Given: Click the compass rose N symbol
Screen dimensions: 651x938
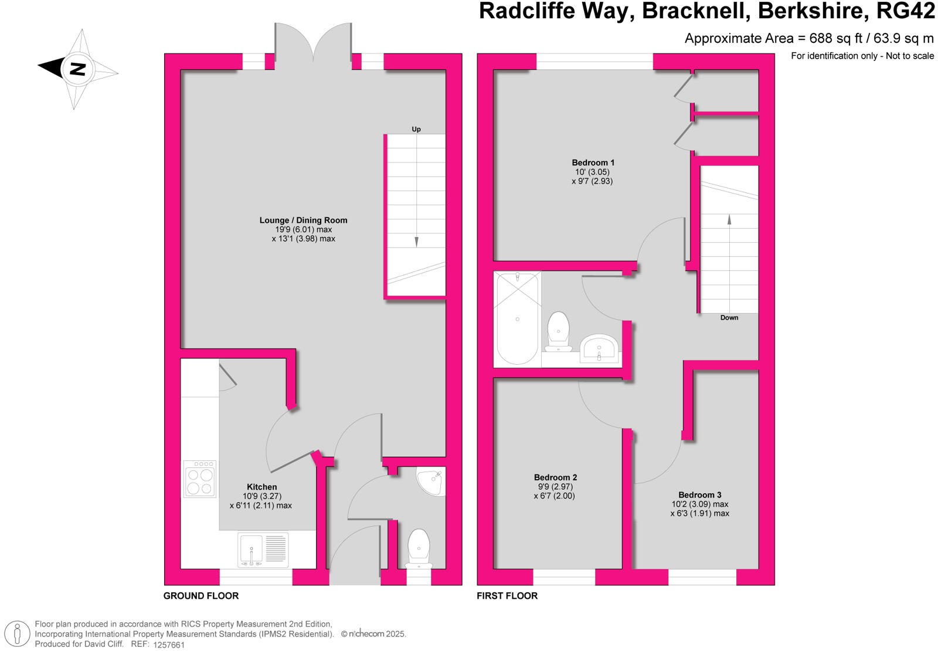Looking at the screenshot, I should [x=77, y=69].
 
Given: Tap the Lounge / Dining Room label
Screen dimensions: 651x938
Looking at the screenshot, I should [x=303, y=220].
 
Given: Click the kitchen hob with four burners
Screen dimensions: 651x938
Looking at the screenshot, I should [x=200, y=479].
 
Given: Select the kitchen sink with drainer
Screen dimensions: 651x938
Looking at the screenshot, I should [x=263, y=550].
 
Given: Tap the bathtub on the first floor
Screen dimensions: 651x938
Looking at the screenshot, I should [x=517, y=318].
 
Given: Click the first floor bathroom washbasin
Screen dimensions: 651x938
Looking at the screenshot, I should [x=599, y=348].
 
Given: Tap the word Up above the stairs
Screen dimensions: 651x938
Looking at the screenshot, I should [x=416, y=129].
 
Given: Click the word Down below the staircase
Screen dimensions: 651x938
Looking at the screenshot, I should [x=729, y=317].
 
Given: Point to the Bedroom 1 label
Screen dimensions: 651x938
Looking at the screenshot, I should [x=593, y=162].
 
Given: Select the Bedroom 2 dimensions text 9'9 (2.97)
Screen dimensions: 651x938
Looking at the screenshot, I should [x=555, y=487].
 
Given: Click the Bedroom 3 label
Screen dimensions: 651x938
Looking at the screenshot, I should [x=700, y=495].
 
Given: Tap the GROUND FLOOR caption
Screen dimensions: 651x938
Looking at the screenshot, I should [x=200, y=595].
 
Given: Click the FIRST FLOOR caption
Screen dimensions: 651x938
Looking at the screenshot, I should [x=507, y=595].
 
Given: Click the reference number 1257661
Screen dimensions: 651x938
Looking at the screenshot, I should [x=169, y=645].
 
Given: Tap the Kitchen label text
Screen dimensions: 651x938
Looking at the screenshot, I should [x=261, y=487].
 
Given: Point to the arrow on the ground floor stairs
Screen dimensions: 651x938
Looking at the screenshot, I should [x=417, y=240].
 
